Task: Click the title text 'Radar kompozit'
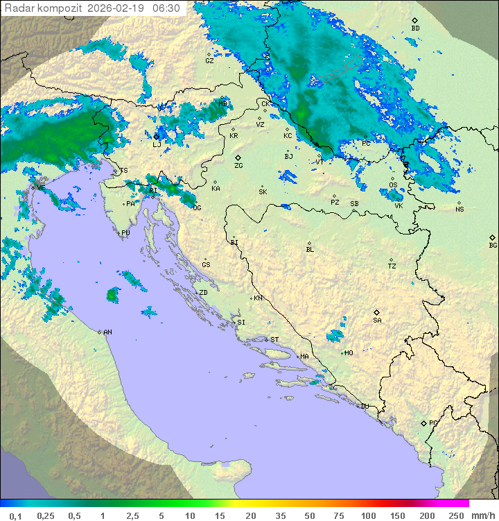43,8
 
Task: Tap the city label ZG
238,166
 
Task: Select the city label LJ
157,144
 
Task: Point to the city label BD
415,28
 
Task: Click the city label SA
377,320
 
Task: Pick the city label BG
493,245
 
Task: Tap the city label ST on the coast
274,340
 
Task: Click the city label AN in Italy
107,332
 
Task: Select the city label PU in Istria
125,233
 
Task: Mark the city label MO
349,353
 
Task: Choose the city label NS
459,210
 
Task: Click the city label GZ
209,60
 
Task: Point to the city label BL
310,249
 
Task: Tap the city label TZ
392,266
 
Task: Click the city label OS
393,185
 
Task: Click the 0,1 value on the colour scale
15,515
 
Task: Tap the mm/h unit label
482,515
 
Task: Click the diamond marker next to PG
423,423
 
